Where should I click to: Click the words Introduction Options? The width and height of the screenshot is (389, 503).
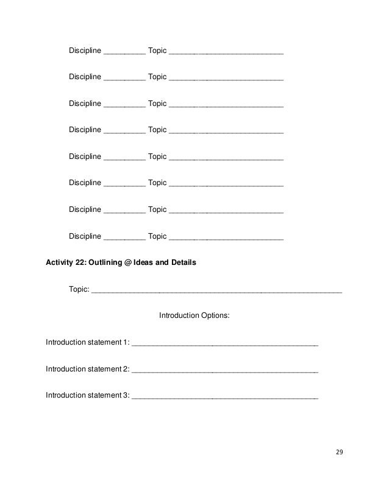point(194,316)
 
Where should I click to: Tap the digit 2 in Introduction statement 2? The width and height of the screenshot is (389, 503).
point(126,368)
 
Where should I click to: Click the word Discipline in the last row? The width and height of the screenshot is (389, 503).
point(85,236)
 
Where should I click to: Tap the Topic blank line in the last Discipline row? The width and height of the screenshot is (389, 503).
point(226,239)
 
